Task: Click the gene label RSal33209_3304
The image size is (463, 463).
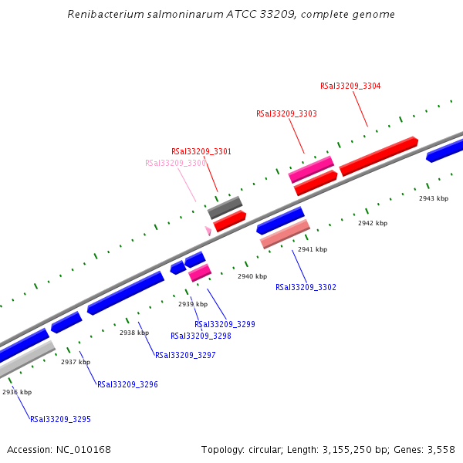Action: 350,86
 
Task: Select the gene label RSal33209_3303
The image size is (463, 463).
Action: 286,113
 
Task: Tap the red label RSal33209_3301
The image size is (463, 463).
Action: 201,151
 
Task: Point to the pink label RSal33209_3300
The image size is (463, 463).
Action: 175,163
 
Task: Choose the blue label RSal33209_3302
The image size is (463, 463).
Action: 306,287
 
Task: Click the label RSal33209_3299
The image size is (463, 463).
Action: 225,324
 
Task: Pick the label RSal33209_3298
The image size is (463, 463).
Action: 201,336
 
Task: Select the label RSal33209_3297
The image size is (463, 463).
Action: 185,355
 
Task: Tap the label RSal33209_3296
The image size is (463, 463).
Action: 127,384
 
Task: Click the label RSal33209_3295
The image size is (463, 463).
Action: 60,419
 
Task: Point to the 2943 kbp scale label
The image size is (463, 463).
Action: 433,198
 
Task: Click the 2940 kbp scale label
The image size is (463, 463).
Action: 252,276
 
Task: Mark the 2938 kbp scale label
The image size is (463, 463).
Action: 133,333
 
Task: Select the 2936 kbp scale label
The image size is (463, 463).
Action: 17,392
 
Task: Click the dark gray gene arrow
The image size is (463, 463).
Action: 225,207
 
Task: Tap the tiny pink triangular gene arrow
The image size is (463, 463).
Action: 208,230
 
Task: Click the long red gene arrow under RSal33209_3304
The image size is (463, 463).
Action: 378,155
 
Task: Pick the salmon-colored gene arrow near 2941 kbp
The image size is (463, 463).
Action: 285,234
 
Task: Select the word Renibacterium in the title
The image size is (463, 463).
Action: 104,14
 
